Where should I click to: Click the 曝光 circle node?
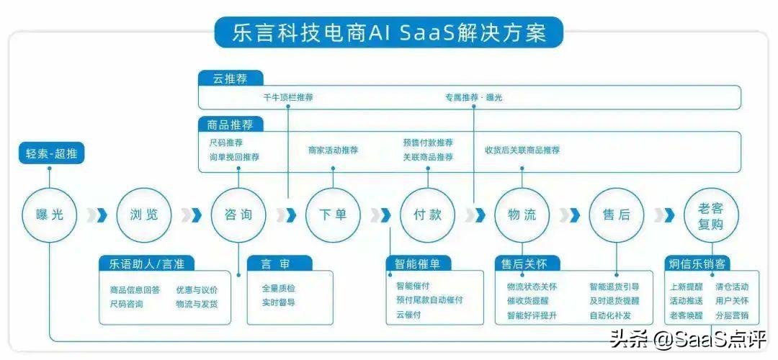tap(50, 214)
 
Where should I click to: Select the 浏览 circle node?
tap(144, 214)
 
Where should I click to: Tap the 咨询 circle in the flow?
tap(238, 214)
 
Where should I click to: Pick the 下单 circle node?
tap(333, 214)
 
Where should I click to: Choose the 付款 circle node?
tap(427, 214)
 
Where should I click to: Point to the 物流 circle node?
tap(522, 214)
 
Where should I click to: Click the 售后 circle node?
tap(616, 214)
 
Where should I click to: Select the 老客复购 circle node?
tap(710, 214)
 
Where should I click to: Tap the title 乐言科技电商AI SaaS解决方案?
tap(388, 32)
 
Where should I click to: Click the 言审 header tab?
tap(280, 264)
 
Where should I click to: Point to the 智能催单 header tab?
tap(419, 264)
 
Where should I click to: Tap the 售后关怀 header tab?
tap(526, 264)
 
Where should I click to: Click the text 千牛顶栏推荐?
tap(288, 97)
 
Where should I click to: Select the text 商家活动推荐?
tap(333, 150)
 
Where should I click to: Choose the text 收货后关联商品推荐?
tap(522, 150)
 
